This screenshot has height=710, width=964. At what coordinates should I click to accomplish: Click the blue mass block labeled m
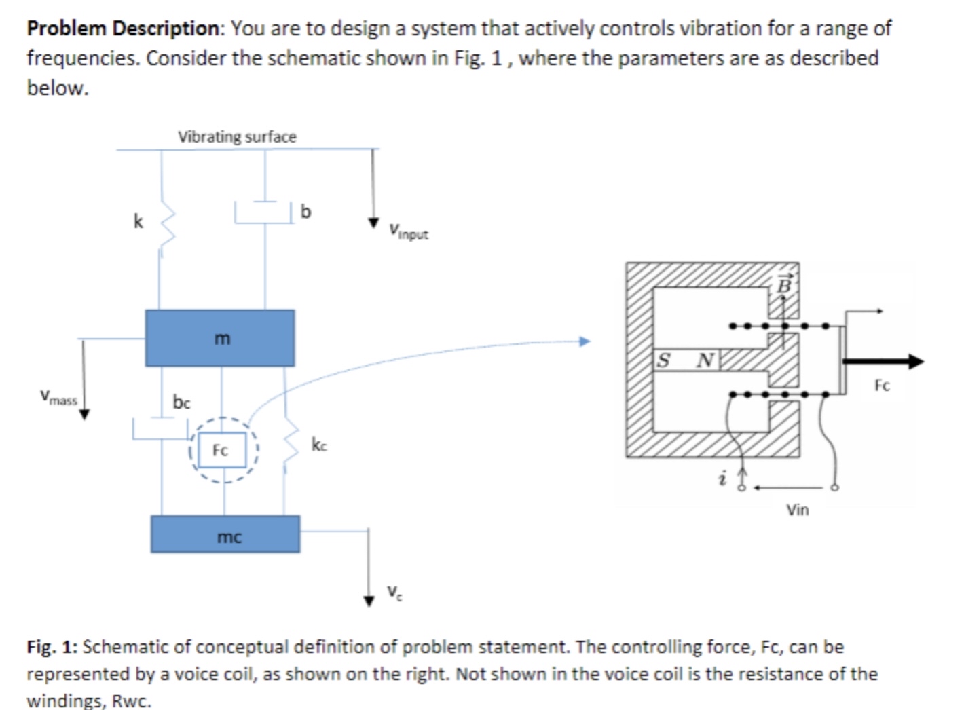tap(219, 338)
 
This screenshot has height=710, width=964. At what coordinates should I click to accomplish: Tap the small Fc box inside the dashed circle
tap(221, 450)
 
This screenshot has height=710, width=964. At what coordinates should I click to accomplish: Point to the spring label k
tap(138, 222)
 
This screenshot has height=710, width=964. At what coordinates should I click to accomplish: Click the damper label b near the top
tap(305, 212)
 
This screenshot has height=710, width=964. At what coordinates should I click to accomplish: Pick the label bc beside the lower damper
tap(181, 403)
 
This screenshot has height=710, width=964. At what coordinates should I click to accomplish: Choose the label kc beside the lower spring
tap(319, 445)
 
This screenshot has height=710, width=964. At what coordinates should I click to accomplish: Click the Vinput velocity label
tap(409, 232)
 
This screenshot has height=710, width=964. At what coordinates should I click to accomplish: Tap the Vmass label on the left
tap(58, 398)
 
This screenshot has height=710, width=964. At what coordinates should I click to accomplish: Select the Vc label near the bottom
tap(394, 592)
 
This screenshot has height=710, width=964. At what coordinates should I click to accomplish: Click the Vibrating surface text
tap(237, 136)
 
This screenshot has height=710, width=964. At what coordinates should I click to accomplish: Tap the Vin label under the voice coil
tap(798, 509)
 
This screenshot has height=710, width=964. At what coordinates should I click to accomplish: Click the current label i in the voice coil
tap(722, 480)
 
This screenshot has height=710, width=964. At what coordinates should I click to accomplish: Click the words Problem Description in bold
tap(124, 29)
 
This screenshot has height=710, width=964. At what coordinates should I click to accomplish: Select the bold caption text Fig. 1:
tap(52, 647)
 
